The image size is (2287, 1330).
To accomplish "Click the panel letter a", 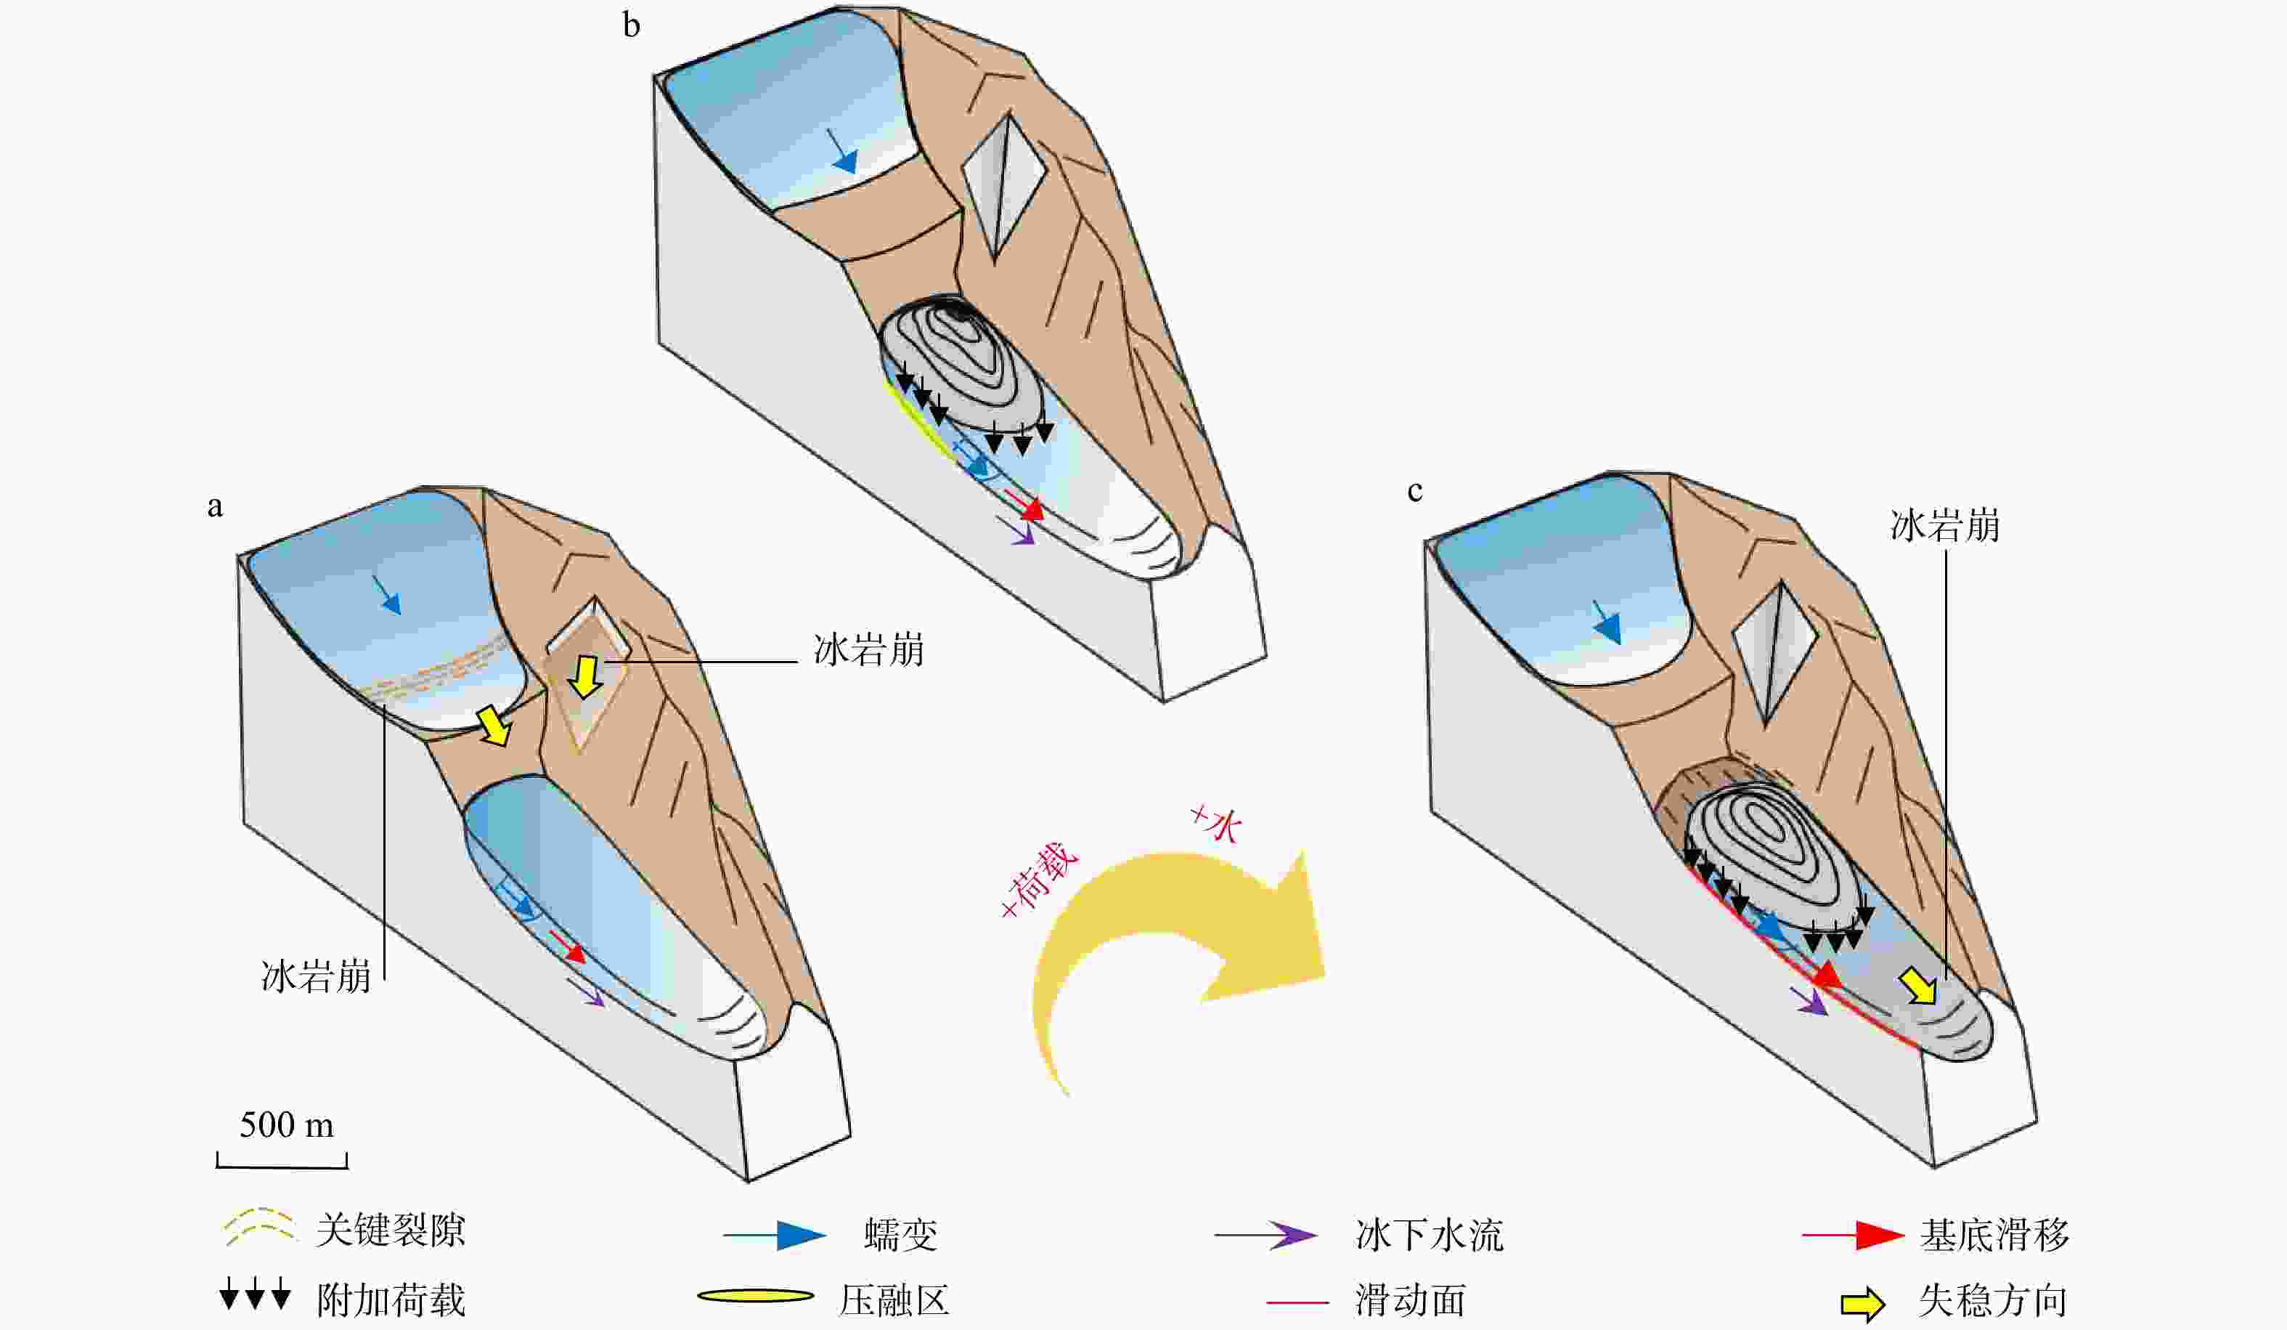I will click(x=215, y=506).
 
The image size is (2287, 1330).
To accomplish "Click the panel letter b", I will click(x=632, y=25).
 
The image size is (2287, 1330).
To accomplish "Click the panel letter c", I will click(x=1414, y=491).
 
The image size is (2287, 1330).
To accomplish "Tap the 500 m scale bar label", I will click(x=286, y=1125).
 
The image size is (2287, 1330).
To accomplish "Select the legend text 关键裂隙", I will click(x=391, y=1231).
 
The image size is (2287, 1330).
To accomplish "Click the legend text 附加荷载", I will click(x=391, y=1300).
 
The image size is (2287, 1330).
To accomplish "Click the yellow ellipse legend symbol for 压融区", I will click(x=755, y=1296).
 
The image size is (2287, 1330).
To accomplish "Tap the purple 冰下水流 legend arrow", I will click(x=1267, y=1235).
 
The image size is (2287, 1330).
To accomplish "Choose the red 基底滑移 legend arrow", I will click(x=1852, y=1235).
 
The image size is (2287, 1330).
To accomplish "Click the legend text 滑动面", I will click(x=1410, y=1301).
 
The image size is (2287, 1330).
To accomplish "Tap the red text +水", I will click(x=1215, y=822).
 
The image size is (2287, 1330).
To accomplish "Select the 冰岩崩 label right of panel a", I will click(x=868, y=651).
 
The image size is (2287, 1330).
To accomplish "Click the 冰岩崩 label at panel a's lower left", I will click(x=316, y=976).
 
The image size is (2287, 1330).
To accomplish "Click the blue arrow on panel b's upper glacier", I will click(x=842, y=152).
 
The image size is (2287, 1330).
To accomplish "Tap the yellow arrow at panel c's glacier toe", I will click(x=1918, y=986).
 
